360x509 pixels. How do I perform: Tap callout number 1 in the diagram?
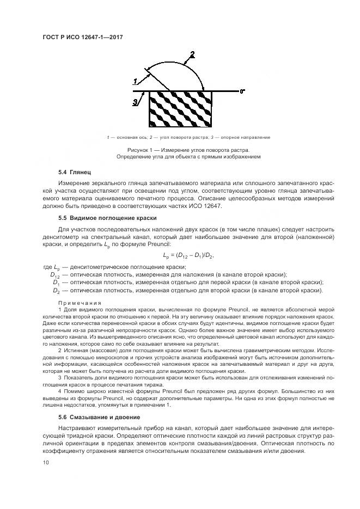coord(135,81)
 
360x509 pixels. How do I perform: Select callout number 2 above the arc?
coord(191,54)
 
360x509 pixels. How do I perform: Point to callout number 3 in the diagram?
coord(135,101)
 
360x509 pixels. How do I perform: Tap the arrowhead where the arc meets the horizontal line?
coord(203,88)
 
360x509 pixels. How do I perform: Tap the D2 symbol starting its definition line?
coord(56,290)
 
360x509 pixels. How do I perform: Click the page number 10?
coord(46,463)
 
